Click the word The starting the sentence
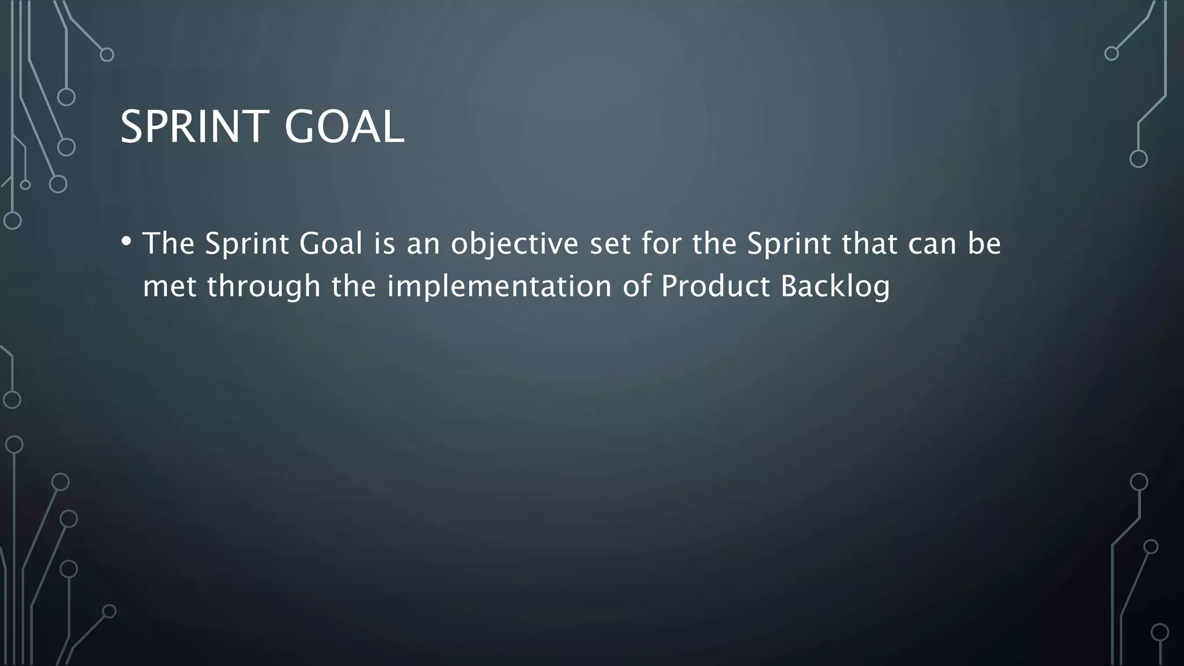[168, 243]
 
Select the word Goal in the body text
[330, 243]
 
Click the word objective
[515, 244]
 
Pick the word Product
[715, 286]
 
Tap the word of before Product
[636, 286]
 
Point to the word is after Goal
[384, 243]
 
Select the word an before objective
[423, 244]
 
